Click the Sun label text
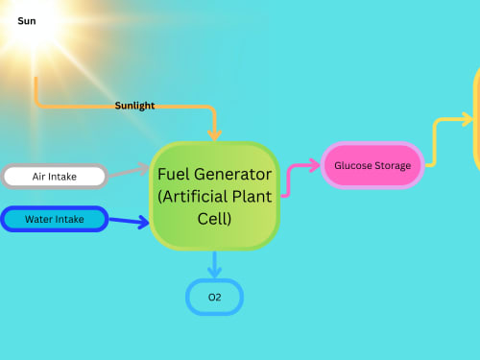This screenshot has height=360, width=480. tap(27, 21)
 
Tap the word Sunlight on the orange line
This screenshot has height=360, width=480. tap(134, 106)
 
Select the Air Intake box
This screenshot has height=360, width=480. tap(55, 177)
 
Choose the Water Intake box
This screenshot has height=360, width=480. tap(55, 219)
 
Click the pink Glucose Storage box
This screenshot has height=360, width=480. tap(372, 165)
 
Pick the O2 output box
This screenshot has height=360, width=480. tap(214, 298)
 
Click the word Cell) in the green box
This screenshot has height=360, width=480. tap(214, 219)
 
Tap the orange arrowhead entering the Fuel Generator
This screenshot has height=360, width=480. tap(214, 135)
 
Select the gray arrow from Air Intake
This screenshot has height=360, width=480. tap(129, 170)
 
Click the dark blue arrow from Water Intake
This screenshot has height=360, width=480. tap(129, 221)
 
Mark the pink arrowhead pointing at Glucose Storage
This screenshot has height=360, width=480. tap(314, 165)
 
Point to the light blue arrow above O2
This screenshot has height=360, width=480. tap(214, 265)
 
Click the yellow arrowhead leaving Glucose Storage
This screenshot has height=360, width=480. tap(468, 119)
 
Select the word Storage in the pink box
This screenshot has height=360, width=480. tap(393, 166)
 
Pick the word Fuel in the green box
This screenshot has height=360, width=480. tap(175, 175)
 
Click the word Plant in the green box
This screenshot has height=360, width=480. tap(252, 197)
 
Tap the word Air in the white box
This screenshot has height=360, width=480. tap(38, 177)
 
